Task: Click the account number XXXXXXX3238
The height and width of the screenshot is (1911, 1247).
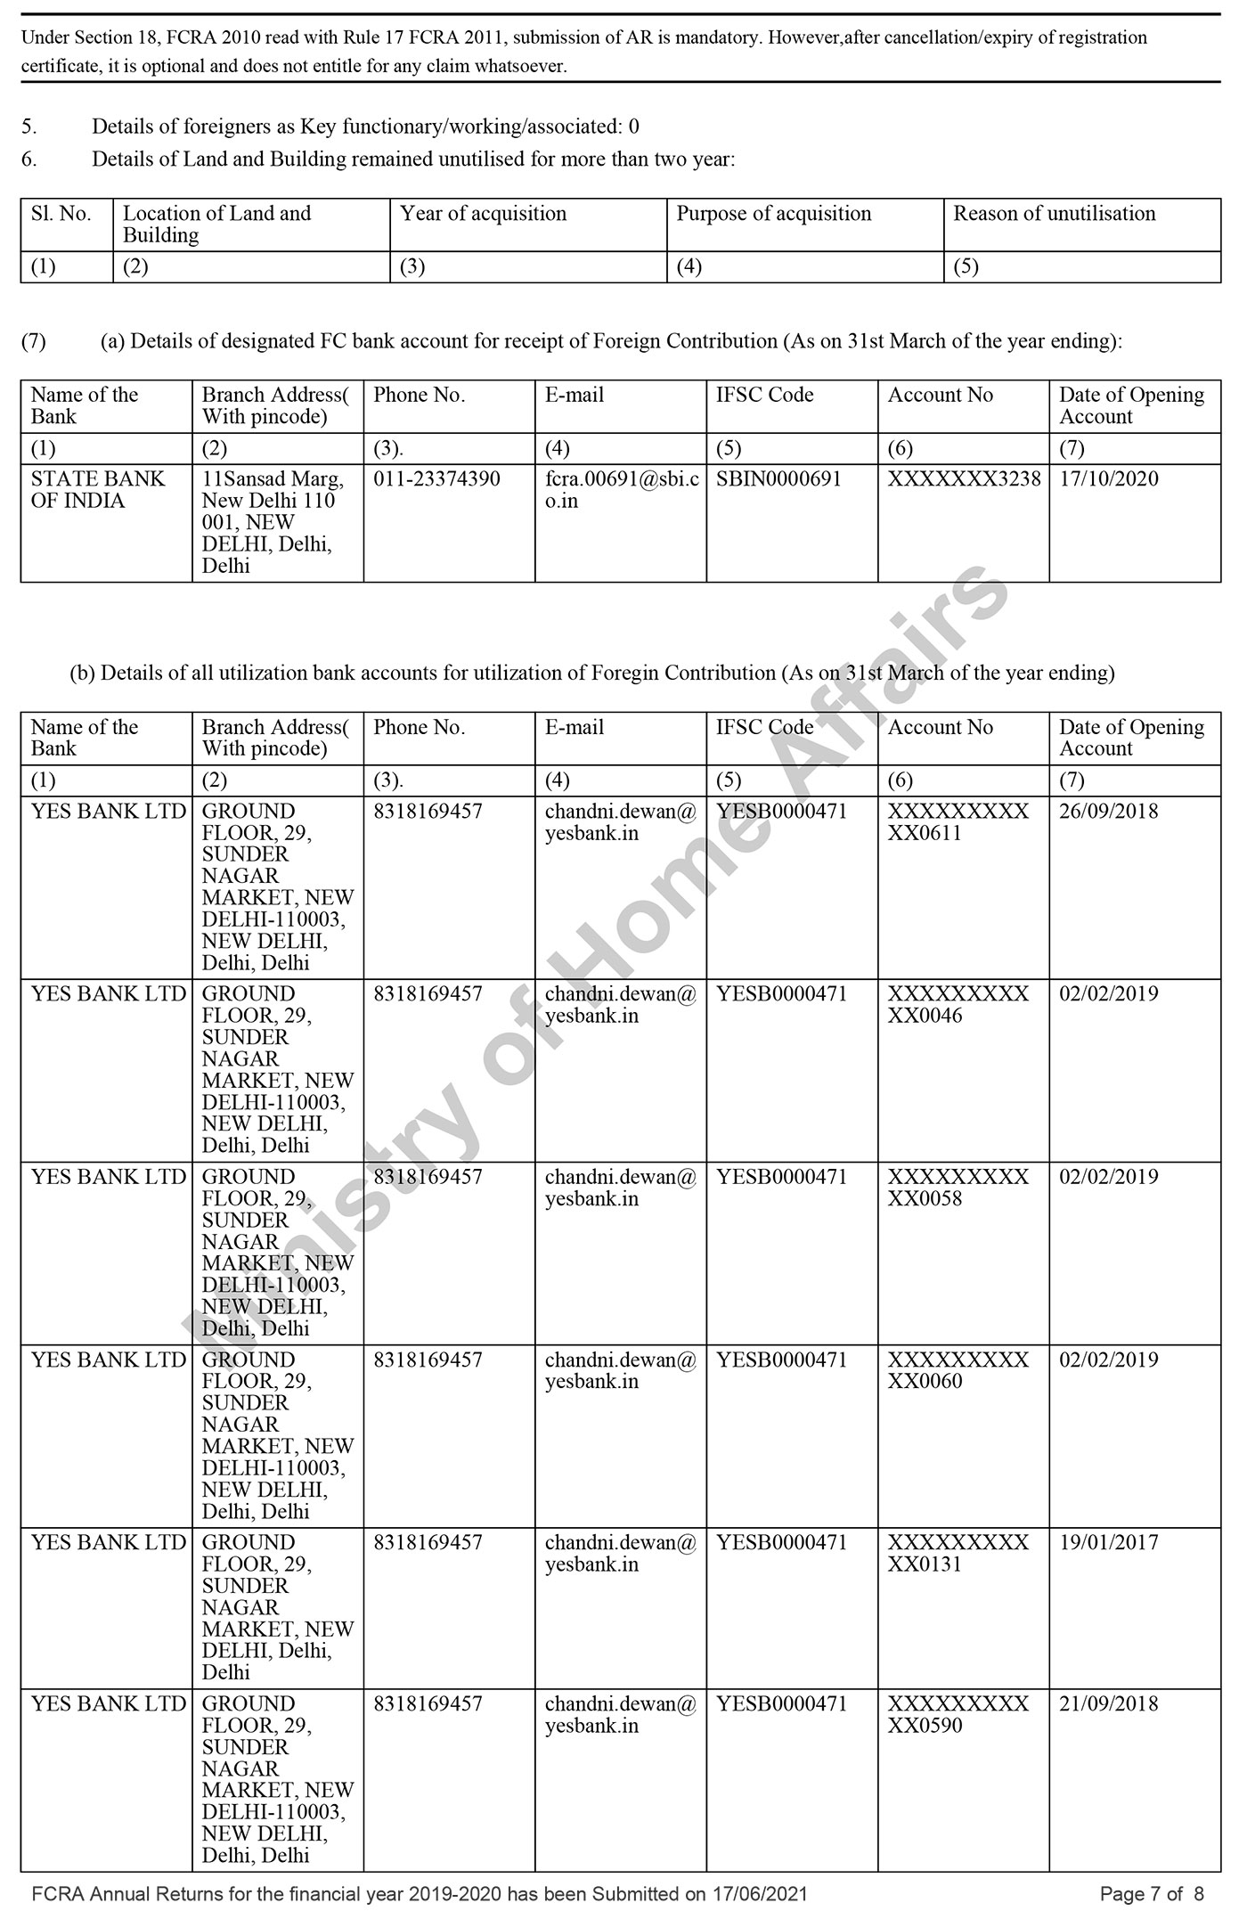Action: [x=964, y=479]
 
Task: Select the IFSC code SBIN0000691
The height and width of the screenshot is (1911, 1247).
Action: [x=778, y=479]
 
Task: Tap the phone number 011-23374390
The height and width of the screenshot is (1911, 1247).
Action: [x=436, y=479]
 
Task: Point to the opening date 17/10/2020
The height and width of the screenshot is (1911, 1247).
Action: [x=1108, y=479]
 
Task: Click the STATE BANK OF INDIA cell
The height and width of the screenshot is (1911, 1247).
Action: [x=98, y=490]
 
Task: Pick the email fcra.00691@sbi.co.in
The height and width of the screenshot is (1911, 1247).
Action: [x=621, y=490]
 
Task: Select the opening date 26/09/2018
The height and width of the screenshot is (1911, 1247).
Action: [x=1108, y=812]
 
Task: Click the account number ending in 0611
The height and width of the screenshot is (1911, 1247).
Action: [x=958, y=822]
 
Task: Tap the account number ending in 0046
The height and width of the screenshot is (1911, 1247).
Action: [x=958, y=1005]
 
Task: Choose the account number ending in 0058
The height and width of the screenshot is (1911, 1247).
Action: [x=958, y=1188]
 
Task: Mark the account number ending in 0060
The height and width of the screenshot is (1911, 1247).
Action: [x=958, y=1370]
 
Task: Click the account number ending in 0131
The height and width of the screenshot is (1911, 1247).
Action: [x=958, y=1554]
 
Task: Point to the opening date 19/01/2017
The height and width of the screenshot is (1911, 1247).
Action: [x=1108, y=1542]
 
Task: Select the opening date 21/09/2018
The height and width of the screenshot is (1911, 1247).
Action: [x=1108, y=1703]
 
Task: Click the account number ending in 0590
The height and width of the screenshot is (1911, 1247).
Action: [x=958, y=1715]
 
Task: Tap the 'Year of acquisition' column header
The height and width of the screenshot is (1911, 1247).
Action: [x=483, y=214]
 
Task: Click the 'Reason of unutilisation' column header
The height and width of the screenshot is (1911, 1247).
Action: [x=1054, y=214]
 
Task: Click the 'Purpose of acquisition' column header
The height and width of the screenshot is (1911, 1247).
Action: [x=773, y=214]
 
